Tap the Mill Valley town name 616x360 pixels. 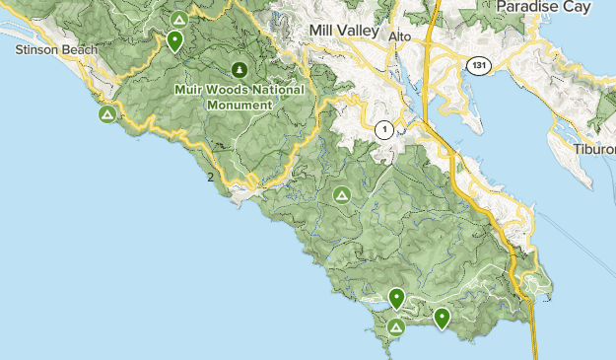[343, 31]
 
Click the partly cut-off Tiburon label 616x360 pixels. [594, 149]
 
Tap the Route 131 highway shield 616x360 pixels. [477, 65]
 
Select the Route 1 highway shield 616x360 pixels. [384, 129]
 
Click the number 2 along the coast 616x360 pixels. [211, 178]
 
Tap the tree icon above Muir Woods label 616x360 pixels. [240, 69]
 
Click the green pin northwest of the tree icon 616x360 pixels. [174, 40]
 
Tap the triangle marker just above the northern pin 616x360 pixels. [178, 19]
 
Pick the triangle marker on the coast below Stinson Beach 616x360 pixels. [106, 115]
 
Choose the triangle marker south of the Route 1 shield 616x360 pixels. [342, 194]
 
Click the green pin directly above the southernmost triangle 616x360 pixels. [397, 297]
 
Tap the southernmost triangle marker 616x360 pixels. [396, 326]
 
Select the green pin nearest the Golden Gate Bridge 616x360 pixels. [442, 318]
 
